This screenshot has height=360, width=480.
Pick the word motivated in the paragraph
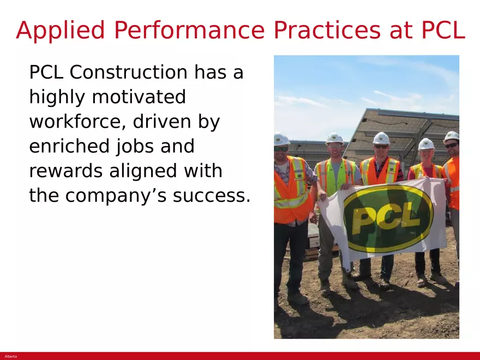139,98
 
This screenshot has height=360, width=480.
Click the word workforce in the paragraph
71,122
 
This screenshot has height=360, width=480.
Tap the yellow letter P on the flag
364,220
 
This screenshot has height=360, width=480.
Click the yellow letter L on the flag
415,217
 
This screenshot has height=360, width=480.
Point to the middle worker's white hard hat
381,137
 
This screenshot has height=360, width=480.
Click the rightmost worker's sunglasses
451,145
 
